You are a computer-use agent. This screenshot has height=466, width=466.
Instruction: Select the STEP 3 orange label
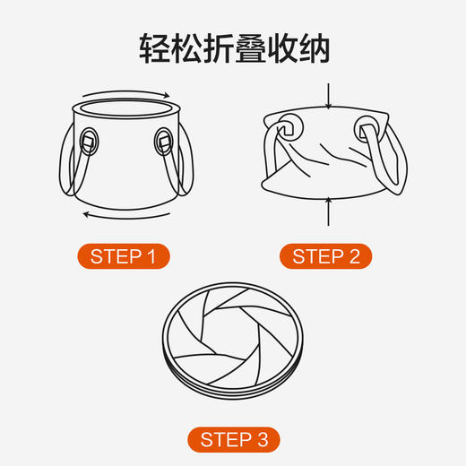click(233, 439)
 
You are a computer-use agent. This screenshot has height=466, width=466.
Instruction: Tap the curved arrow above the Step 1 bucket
click(125, 93)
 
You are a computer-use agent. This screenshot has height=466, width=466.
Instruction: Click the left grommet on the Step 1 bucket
click(89, 138)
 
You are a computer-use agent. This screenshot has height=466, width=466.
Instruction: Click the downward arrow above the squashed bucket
click(329, 96)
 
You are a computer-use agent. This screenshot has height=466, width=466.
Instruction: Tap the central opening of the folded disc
click(232, 338)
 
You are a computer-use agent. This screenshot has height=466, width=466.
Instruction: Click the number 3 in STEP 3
click(262, 439)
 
